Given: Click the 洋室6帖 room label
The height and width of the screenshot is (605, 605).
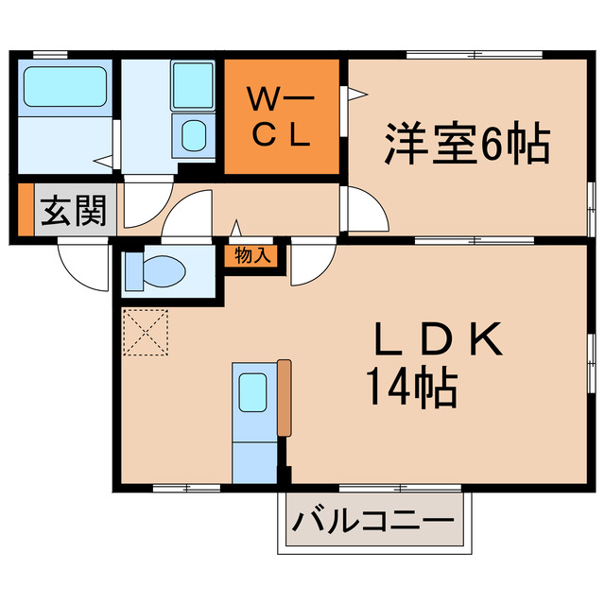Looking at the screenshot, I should coord(467,144).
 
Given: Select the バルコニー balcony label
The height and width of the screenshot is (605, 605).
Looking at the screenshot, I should coord(373,521).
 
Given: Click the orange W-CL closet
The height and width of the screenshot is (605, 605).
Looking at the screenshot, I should coord(281,117).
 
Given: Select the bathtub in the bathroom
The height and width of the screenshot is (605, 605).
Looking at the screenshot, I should coord(64,87).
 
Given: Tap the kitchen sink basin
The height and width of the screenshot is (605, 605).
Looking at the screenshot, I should coord(252,391).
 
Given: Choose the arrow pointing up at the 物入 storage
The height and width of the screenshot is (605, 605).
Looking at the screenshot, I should coord(236,228).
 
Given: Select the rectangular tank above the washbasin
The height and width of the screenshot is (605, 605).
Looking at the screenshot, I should coord(193,86).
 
